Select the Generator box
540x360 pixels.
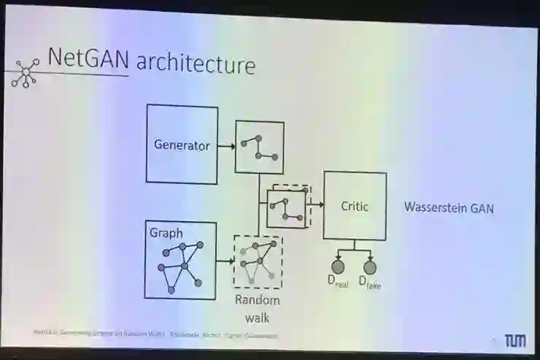182,145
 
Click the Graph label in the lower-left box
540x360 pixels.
166,233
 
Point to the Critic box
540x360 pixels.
355,207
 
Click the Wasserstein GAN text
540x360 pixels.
449,208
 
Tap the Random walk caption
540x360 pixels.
257,307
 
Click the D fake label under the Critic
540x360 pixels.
369,281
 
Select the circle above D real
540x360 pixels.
339,267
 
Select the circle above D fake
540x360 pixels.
370,267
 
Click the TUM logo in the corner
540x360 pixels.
515,340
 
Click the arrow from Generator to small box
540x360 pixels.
226,146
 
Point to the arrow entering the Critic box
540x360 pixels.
317,207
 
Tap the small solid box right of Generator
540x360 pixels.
259,147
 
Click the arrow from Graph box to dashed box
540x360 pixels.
225,259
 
